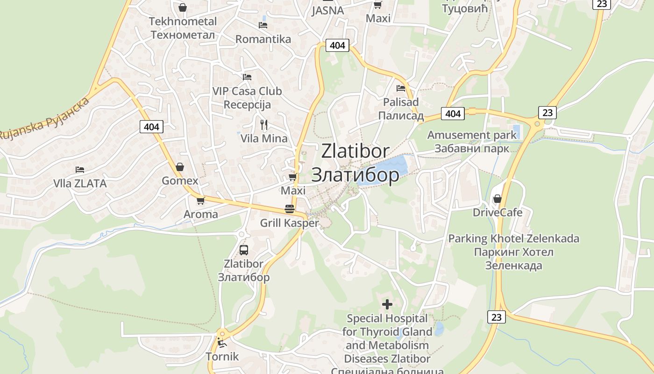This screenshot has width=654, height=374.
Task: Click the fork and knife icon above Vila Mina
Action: click(x=264, y=124)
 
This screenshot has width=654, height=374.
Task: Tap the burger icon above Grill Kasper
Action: click(x=290, y=209)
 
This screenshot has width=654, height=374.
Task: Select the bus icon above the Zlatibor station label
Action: click(x=243, y=250)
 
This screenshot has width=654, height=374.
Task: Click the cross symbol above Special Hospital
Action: click(x=387, y=304)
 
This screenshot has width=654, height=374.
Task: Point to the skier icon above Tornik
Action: click(x=222, y=343)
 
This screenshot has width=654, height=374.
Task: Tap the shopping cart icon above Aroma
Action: click(x=200, y=201)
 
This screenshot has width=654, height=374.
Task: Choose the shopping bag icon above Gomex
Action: click(x=180, y=167)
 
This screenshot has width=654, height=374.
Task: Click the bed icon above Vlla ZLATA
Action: click(x=80, y=169)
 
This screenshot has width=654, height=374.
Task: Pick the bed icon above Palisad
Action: click(x=400, y=88)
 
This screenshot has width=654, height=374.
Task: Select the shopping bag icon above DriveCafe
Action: click(x=497, y=199)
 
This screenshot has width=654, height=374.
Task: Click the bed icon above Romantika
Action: click(x=263, y=25)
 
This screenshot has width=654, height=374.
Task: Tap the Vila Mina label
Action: click(x=264, y=138)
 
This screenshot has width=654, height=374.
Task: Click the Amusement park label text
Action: click(x=472, y=135)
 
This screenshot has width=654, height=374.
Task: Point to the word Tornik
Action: click(x=222, y=357)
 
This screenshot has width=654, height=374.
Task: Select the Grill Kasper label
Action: click(x=289, y=223)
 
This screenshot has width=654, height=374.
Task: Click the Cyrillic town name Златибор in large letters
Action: click(x=355, y=174)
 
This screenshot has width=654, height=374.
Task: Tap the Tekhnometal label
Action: click(x=183, y=22)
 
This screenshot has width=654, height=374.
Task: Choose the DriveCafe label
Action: click(x=498, y=213)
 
